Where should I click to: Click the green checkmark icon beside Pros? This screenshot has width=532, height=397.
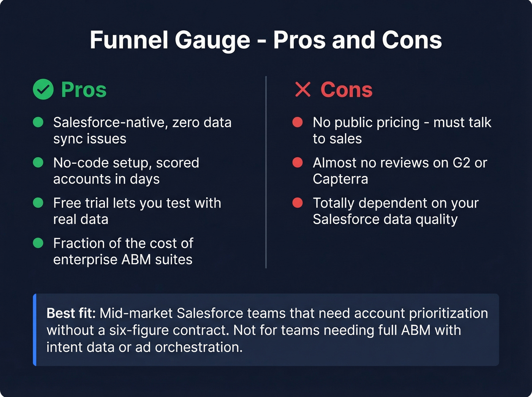coord(43,90)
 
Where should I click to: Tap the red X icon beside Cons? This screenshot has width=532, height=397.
coord(303,90)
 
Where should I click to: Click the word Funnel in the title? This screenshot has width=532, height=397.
coord(129,40)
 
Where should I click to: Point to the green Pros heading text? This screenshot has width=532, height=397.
coord(84,90)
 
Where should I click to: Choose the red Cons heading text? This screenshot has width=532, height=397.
coord(346,90)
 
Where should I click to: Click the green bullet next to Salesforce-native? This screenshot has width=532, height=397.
coord(38,122)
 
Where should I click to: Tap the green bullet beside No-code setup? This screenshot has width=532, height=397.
coord(38,162)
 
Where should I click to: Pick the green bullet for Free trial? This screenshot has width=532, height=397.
coord(38,202)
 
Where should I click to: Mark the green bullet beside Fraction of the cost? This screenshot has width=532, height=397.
coord(38,243)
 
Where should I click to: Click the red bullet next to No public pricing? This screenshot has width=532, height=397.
coord(298,122)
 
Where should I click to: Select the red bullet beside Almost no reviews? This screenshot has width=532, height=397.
coord(298,162)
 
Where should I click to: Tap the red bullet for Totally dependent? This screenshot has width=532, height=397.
coord(298,202)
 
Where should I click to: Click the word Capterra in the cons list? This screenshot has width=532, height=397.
coord(340,179)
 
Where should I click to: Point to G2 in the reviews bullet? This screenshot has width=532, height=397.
coord(461,163)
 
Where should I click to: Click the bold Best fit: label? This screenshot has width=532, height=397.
coord(71,313)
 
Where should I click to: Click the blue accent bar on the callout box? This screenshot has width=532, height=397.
coord(35,329)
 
